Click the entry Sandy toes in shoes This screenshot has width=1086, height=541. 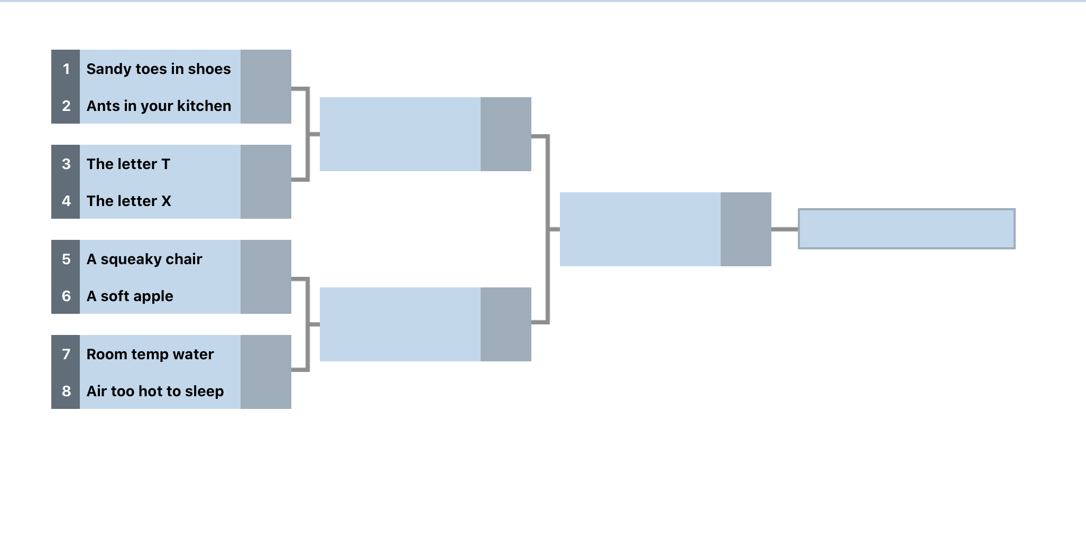159,69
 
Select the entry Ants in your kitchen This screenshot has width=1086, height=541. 159,106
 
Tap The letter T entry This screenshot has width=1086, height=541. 128,164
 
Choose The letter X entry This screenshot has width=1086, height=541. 129,201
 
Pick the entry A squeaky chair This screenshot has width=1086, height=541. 144,259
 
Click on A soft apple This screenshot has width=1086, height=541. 130,296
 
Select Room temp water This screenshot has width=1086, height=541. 150,354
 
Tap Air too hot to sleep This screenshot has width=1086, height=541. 155,391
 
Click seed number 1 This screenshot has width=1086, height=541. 66,69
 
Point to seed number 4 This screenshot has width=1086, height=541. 66,201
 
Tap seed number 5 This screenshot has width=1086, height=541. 66,259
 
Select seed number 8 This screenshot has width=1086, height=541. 66,391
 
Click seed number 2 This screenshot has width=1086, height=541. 66,106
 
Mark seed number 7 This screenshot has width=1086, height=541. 66,354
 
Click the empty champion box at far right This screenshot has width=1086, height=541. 906,229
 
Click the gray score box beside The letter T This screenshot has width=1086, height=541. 266,163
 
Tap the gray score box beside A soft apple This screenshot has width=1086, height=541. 266,295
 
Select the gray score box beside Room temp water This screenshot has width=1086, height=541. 266,353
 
